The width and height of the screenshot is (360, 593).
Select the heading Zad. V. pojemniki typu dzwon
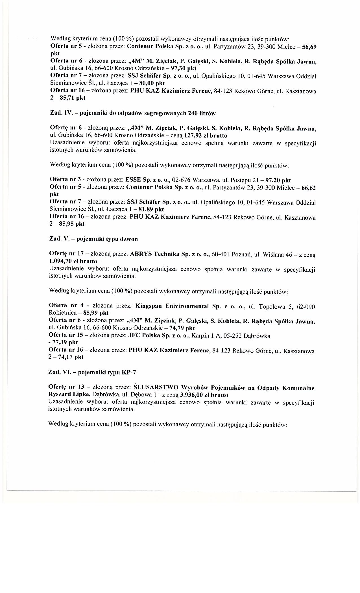point(93,239)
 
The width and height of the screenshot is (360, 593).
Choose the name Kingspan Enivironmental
point(172,306)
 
